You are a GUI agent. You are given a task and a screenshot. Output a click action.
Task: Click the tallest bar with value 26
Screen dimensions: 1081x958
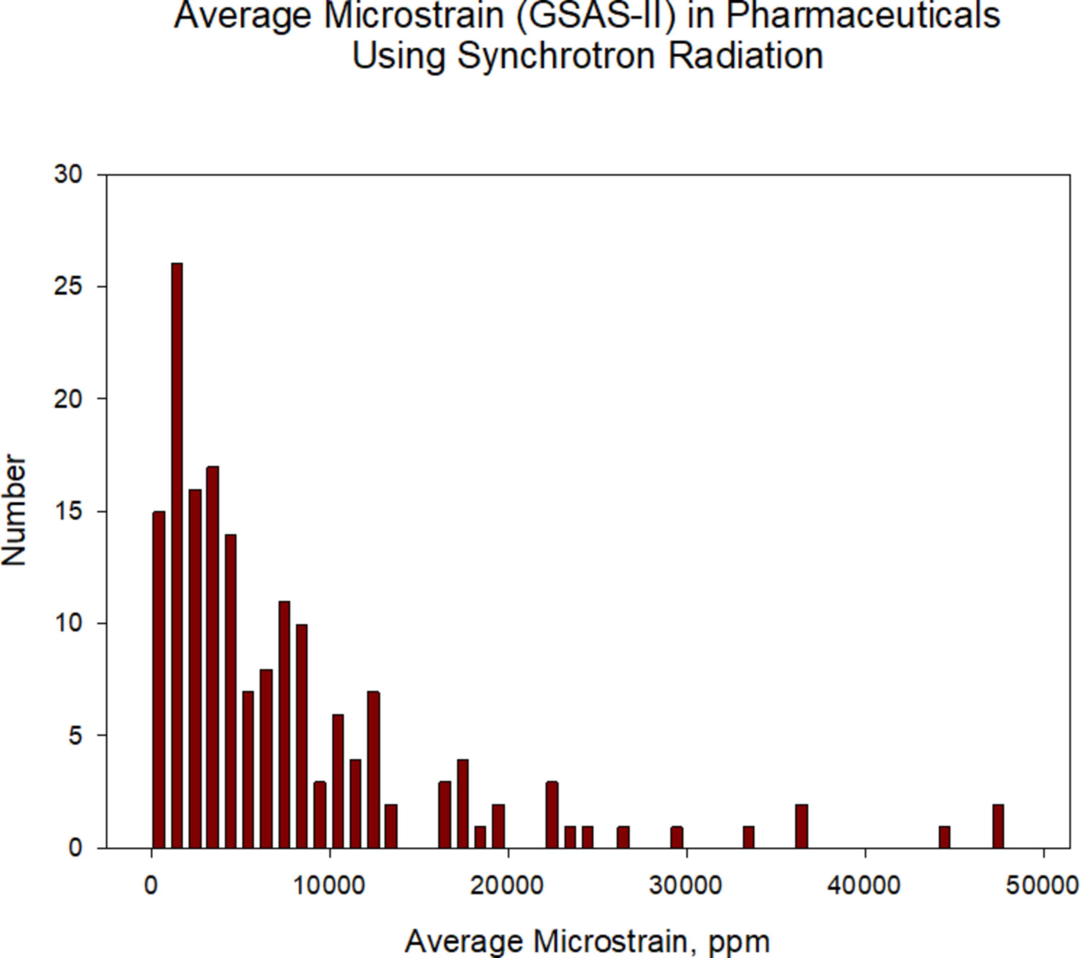pyautogui.click(x=177, y=555)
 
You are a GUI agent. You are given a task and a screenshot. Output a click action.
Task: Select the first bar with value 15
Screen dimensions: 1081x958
pyautogui.click(x=159, y=680)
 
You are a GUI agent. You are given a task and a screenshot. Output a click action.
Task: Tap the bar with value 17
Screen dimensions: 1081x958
pyautogui.click(x=213, y=657)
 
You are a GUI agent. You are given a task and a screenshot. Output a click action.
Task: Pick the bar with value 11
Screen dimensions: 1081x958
pyautogui.click(x=284, y=725)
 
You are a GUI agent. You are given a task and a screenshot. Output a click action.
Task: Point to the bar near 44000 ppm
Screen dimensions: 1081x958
pyautogui.click(x=944, y=837)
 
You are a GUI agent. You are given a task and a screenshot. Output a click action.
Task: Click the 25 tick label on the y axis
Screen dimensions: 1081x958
pyautogui.click(x=69, y=287)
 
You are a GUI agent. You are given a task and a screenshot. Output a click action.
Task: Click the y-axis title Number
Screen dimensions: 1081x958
pyautogui.click(x=14, y=510)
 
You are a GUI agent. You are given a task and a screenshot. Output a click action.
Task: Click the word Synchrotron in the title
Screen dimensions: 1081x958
pyautogui.click(x=556, y=56)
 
